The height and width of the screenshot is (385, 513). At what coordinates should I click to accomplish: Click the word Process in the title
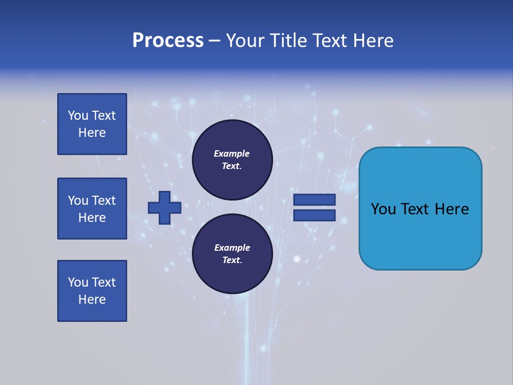(x=168, y=41)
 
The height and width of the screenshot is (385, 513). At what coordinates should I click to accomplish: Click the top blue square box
(x=92, y=124)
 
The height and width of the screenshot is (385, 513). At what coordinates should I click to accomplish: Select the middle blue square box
(x=92, y=209)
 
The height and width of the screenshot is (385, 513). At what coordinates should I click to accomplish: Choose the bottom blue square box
(x=92, y=291)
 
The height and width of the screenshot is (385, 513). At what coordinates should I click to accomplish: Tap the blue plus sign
(x=165, y=208)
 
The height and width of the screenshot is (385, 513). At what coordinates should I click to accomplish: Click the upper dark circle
(x=232, y=160)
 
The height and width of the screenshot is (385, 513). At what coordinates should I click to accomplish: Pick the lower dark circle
(x=232, y=254)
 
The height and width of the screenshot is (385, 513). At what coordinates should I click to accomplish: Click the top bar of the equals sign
(x=315, y=199)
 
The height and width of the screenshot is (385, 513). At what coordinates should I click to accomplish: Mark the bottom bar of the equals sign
(x=315, y=215)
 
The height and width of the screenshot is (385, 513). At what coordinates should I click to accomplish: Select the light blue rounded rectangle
(x=420, y=208)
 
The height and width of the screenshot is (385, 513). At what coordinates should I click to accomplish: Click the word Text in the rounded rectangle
(x=416, y=209)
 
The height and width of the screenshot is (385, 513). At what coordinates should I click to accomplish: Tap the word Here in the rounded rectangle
(x=452, y=209)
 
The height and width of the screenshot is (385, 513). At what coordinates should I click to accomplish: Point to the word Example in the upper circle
(x=232, y=153)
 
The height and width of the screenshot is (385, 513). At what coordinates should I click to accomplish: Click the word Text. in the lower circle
(x=232, y=260)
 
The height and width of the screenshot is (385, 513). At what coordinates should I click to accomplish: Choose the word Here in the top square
(x=92, y=133)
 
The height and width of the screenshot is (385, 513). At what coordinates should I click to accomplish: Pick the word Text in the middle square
(x=103, y=201)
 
